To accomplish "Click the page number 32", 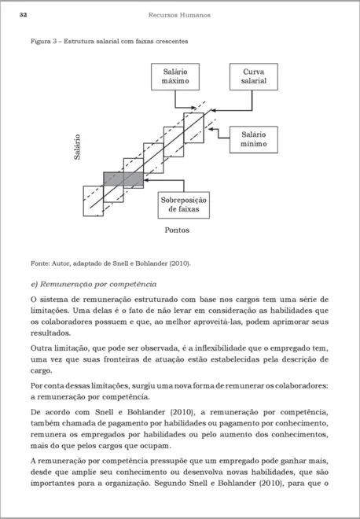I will [x=24, y=15].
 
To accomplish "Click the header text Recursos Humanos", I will [x=179, y=15].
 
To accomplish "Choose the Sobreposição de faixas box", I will [x=186, y=206].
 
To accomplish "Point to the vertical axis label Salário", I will [x=77, y=147].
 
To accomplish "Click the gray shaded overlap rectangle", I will [x=123, y=179].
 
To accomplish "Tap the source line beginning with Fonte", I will [x=110, y=263].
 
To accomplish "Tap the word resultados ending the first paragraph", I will [x=52, y=333].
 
